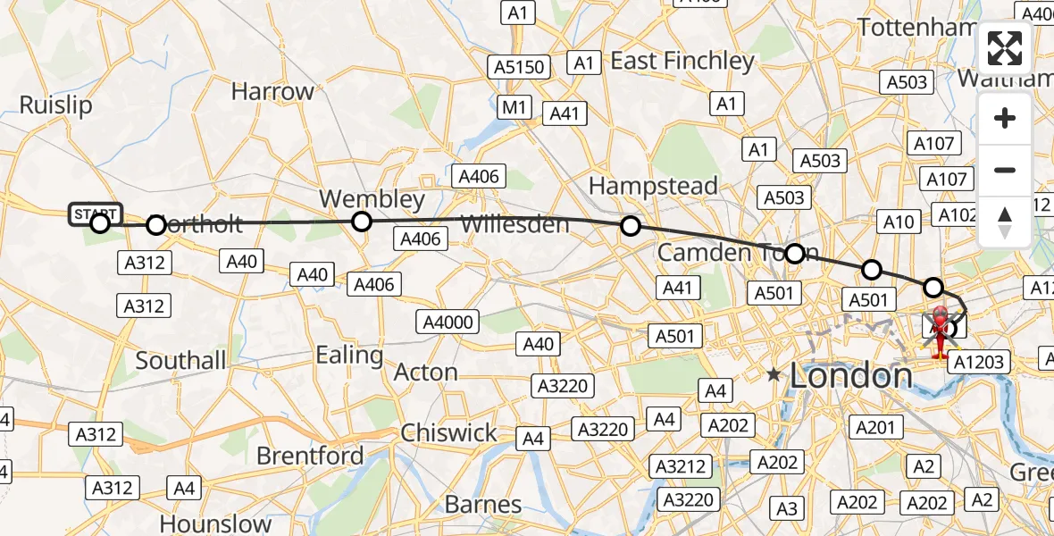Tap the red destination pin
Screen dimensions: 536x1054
coord(941,327)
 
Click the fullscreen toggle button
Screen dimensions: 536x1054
coord(1005,48)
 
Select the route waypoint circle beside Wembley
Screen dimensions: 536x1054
coord(361,221)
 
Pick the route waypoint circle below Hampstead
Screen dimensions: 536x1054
coord(631,226)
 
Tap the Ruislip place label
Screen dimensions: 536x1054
coord(55,105)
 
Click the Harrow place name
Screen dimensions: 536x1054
coord(272,91)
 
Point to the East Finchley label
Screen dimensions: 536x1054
coord(682,61)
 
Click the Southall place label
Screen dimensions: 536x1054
coord(180,360)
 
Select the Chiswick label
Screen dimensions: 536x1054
coord(448,432)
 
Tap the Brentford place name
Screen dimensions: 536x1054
coord(310,456)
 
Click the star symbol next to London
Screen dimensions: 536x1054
coord(774,376)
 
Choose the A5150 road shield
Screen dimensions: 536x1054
coord(518,67)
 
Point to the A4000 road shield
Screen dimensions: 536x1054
coord(448,322)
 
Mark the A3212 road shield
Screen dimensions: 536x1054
coord(682,466)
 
